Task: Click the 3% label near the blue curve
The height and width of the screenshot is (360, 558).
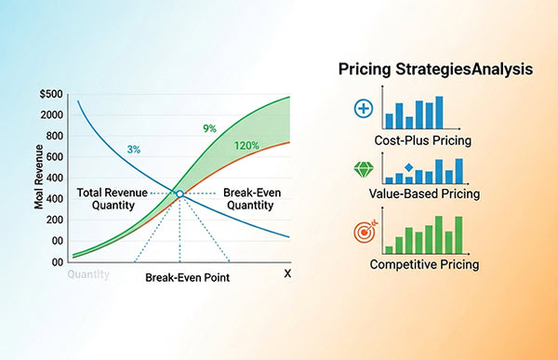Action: (x=135, y=149)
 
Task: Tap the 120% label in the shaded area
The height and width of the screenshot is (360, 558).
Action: (x=247, y=146)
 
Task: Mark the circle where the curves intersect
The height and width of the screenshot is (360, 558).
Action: (x=179, y=193)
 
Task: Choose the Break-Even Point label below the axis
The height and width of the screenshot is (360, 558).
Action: (x=187, y=277)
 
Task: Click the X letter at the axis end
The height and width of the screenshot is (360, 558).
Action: (x=287, y=273)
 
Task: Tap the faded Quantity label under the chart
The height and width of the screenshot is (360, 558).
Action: (x=88, y=274)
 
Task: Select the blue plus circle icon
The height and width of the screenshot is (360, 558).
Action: (x=364, y=109)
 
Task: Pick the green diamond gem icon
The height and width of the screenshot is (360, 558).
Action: (x=364, y=170)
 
